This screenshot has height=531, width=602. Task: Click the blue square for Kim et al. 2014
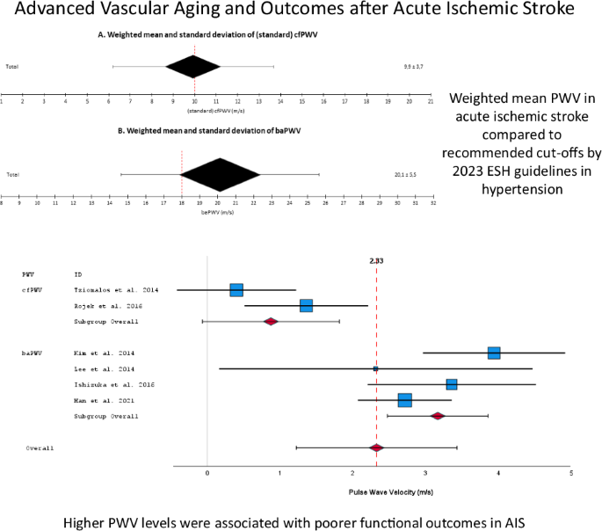494,353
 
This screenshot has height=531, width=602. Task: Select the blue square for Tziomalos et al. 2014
236,290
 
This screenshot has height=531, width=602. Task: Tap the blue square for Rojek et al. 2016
306,305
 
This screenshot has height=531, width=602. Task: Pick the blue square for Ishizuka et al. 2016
452,384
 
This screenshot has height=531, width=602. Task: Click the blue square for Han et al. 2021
404,400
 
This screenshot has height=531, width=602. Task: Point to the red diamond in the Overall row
376,447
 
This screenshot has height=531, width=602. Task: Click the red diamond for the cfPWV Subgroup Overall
272,321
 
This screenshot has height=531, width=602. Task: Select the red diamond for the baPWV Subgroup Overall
438,416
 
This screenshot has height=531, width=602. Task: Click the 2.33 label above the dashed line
376,260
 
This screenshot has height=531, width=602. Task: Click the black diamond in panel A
193,67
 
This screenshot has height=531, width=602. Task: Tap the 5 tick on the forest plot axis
570,474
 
